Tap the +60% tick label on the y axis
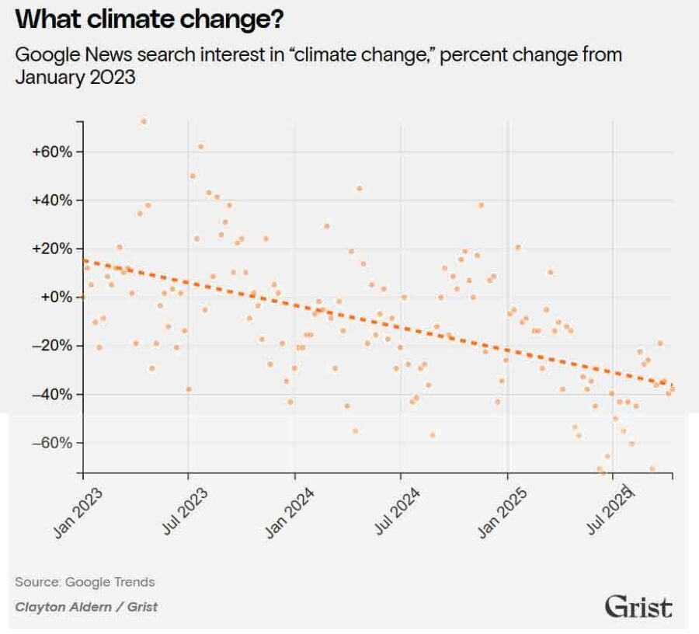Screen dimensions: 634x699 tap(52, 152)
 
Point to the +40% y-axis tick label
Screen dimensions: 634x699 tap(52, 200)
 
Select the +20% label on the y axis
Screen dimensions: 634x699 tap(52, 249)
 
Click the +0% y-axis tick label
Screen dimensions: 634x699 tap(55, 298)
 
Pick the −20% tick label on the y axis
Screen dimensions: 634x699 tap(52, 346)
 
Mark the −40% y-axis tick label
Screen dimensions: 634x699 tap(52, 395)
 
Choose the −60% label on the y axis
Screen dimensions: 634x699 tap(52, 443)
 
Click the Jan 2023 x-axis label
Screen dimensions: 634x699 tap(78, 513)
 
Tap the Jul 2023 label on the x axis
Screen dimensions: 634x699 tap(185, 513)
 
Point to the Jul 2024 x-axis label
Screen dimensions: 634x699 tap(397, 513)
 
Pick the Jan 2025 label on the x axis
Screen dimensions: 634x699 tap(503, 513)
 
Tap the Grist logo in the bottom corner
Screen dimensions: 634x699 tap(638, 606)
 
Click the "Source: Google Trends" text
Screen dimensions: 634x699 tap(85, 582)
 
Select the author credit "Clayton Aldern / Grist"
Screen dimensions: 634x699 tap(85, 607)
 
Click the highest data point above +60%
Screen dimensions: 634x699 tap(143, 121)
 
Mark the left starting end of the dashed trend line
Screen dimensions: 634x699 tap(84, 261)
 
